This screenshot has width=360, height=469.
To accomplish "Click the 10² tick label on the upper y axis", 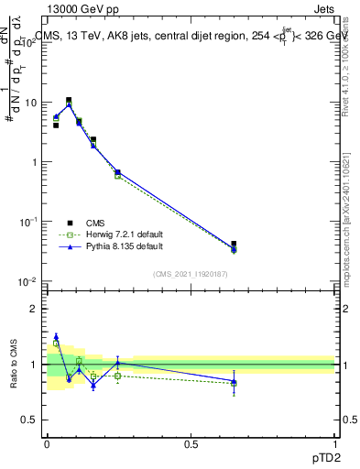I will coord(34,43).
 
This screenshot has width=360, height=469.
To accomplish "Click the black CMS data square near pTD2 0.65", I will coord(234,245).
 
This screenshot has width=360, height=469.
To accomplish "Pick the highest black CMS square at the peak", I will coord(69,101).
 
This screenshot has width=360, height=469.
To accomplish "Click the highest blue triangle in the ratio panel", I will coord(56,336).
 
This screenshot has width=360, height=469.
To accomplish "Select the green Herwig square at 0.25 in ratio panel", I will coord(117,376).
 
